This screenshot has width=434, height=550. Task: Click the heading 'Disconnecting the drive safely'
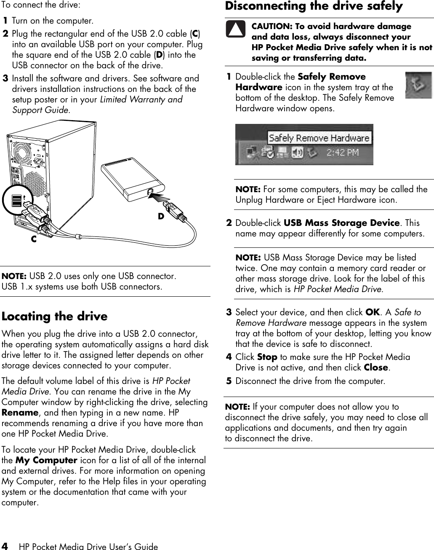click(x=314, y=6)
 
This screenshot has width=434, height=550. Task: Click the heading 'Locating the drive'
click(x=55, y=317)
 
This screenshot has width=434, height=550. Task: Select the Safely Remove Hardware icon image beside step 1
click(x=418, y=85)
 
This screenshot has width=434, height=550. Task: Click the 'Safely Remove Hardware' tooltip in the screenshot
click(x=319, y=138)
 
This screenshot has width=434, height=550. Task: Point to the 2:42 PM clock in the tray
click(x=343, y=152)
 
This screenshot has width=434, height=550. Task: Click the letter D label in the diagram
click(x=161, y=216)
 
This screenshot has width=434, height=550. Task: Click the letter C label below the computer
click(x=33, y=239)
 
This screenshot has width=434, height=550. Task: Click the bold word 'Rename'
click(x=20, y=413)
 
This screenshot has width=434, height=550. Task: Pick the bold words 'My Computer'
click(x=46, y=460)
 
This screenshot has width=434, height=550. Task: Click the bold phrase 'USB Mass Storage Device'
click(x=341, y=223)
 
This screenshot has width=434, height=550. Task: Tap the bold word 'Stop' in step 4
click(x=267, y=357)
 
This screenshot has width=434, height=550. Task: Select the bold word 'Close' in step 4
click(x=375, y=368)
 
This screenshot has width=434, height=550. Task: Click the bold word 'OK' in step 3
click(x=372, y=312)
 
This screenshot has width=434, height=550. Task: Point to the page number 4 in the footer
click(x=5, y=546)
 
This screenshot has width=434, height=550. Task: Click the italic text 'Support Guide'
click(x=40, y=110)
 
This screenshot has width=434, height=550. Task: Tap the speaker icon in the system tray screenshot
click(x=297, y=152)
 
